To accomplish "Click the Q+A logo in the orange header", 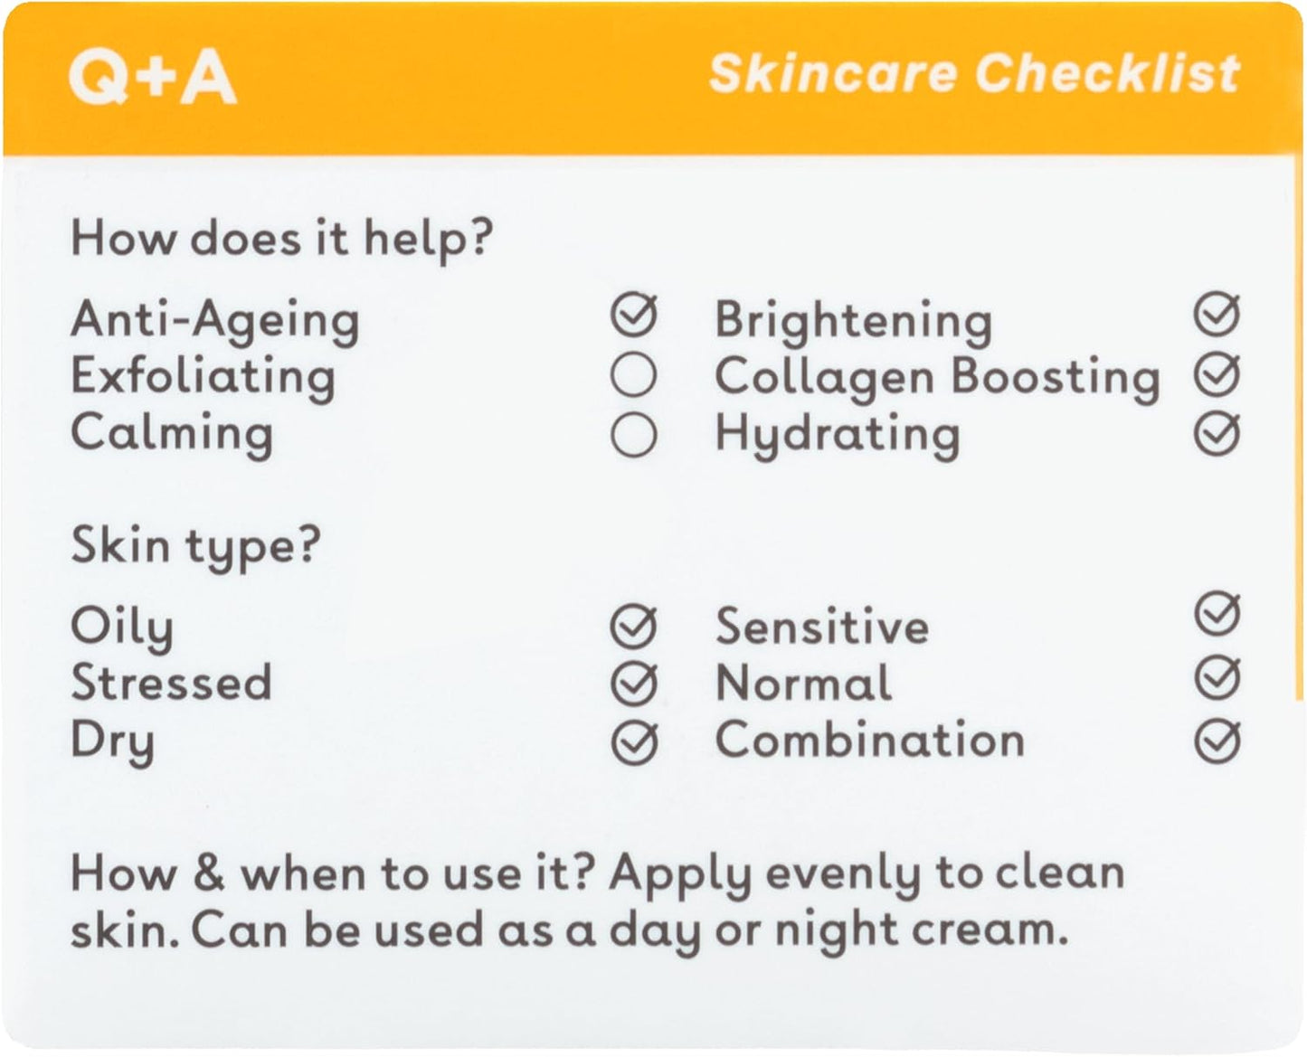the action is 153,77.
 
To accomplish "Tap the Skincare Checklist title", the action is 974,73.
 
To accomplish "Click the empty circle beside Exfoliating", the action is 633,374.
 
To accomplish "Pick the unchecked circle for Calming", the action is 633,434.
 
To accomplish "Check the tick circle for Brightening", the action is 1217,315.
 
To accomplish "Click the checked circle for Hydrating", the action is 1217,433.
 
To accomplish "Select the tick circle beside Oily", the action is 634,627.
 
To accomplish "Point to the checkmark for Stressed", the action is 634,684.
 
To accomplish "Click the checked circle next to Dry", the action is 634,742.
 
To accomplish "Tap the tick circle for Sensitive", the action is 1217,614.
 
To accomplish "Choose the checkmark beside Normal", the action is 1217,678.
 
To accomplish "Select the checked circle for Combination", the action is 1217,741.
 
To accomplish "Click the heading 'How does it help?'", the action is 281,240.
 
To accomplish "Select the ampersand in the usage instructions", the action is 209,873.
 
